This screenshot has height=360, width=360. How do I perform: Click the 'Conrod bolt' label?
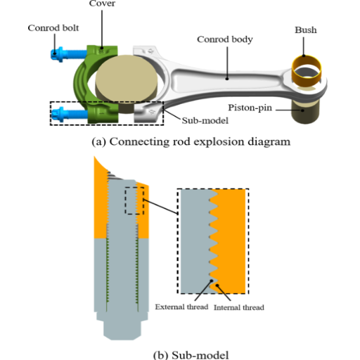click(53, 28)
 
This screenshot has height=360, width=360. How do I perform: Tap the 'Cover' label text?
click(102, 4)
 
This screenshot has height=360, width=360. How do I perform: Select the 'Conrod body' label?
click(225, 39)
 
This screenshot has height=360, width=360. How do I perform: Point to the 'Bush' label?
click(306, 30)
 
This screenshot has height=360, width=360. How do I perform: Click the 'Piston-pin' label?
click(250, 108)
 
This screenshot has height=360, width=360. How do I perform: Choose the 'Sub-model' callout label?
click(205, 120)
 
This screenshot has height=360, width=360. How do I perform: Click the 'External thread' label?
click(181, 307)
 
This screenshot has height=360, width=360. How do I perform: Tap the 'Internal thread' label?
click(239, 307)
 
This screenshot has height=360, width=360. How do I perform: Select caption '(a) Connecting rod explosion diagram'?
click(191, 141)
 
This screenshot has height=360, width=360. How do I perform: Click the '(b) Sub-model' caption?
click(191, 355)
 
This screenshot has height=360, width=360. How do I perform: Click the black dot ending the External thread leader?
click(212, 281)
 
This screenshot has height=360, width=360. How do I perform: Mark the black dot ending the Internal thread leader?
click(217, 285)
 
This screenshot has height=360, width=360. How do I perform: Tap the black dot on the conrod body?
click(227, 79)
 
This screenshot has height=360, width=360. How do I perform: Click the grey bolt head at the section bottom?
click(122, 326)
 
